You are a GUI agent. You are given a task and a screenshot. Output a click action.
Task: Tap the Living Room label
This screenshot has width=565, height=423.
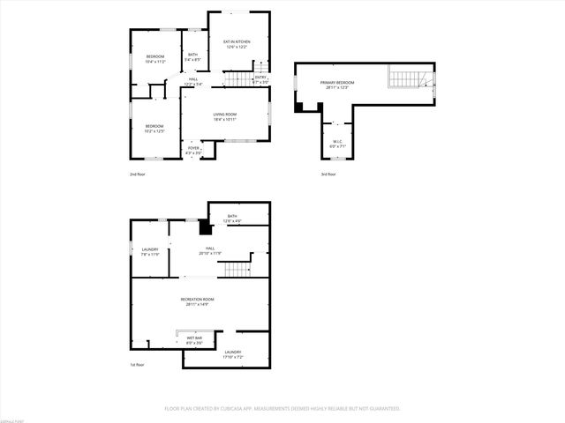point(224,116)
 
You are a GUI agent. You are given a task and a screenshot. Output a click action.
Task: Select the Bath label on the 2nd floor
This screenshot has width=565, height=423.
point(192,57)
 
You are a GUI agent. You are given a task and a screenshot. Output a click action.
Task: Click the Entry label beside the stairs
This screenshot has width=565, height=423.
point(260,79)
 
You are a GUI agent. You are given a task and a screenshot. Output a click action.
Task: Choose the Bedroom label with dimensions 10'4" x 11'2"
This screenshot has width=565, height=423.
point(154,59)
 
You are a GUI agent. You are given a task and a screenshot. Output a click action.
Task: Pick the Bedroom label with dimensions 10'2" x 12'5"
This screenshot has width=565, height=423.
point(154,128)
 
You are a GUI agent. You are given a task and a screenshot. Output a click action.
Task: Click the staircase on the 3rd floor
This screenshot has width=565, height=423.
point(408,79)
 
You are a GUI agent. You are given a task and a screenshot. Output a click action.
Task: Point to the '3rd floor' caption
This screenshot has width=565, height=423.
point(328,174)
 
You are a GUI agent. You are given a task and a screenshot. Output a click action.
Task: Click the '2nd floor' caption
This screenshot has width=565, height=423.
point(137,174)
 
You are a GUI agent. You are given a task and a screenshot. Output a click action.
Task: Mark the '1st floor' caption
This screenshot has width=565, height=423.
point(137,364)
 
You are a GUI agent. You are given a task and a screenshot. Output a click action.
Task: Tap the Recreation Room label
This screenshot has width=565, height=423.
point(197,301)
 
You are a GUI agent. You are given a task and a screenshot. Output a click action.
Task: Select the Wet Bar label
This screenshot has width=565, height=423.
point(194,339)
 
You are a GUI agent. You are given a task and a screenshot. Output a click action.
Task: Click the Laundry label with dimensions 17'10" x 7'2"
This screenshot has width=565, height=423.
point(232,354)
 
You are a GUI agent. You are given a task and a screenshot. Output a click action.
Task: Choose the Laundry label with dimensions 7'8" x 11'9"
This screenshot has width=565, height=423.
point(150,252)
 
